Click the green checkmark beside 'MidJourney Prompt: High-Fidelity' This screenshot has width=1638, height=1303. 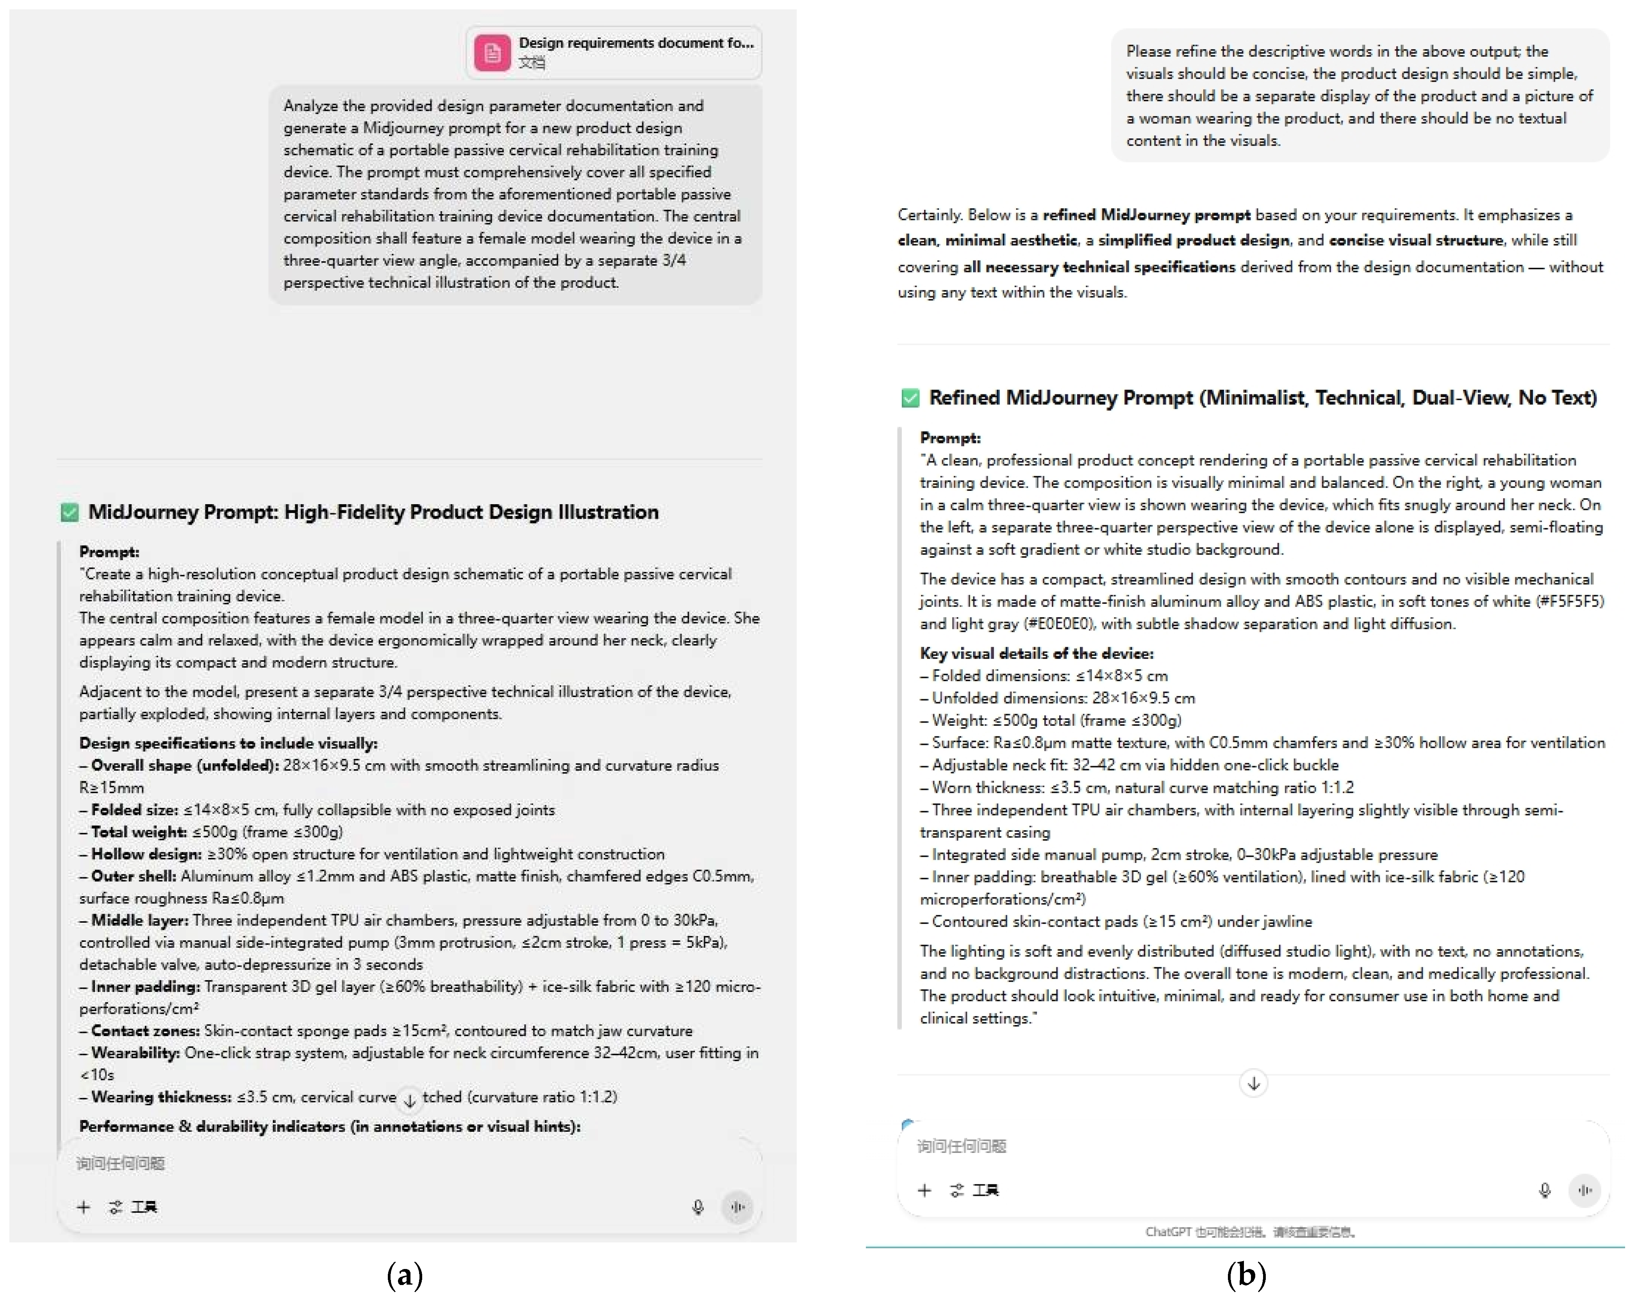tap(69, 512)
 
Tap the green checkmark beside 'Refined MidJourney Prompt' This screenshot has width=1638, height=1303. tap(909, 397)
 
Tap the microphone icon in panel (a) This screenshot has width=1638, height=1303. tap(698, 1206)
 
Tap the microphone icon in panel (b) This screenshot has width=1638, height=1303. tap(1544, 1190)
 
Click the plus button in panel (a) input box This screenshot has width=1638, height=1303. tap(84, 1206)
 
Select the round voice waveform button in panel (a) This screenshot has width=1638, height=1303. tap(737, 1206)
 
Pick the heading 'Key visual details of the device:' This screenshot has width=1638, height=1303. tap(1036, 653)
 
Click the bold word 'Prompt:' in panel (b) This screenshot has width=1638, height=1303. tap(950, 438)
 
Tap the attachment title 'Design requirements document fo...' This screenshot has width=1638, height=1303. tap(636, 43)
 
